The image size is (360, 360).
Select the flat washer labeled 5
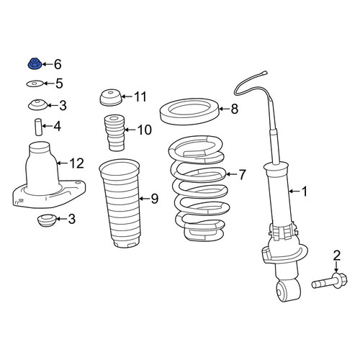tap(35, 84)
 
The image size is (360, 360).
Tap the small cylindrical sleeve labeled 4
tap(38, 127)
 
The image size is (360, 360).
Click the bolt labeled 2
tap(330, 282)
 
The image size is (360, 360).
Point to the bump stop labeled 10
tap(114, 132)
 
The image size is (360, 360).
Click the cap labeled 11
tap(111, 98)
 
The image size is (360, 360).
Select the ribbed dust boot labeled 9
tap(120, 204)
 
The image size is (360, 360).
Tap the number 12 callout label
tap(76, 163)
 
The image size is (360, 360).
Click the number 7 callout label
tap(242, 174)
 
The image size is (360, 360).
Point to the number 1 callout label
tap(304, 192)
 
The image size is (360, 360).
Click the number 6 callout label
tap(58, 64)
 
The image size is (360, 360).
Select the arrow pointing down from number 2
tap(336, 267)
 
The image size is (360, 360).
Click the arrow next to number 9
tap(145, 199)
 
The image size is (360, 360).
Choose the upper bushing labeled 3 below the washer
tap(37, 104)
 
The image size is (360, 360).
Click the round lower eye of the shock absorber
tap(288, 292)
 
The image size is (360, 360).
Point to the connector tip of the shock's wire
tap(264, 72)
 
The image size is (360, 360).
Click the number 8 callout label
tap(235, 109)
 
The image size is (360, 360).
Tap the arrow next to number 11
tap(127, 96)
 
